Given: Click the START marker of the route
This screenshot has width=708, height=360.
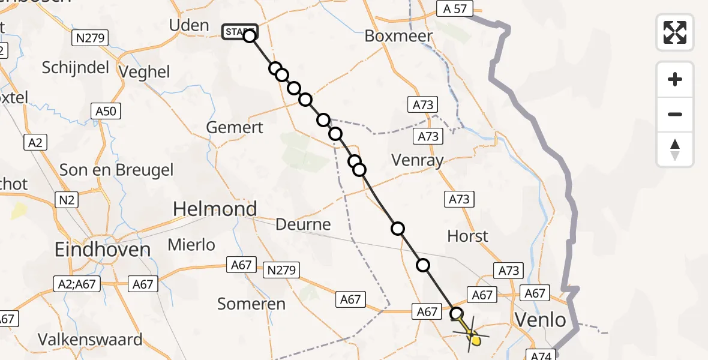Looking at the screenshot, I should pos(239,32).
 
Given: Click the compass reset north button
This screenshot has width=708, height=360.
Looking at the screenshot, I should pos(675,149).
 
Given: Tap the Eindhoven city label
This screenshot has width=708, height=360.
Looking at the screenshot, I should pos(103,249).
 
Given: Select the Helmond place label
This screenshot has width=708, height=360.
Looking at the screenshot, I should pos(215,209).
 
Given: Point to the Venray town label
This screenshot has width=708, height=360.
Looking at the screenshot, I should pos(417,160).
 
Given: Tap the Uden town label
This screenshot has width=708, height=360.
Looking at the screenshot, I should pos(189,26).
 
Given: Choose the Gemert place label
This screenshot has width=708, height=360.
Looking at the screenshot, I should pos(235,127).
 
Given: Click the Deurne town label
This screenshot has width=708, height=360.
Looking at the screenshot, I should pos(303,224).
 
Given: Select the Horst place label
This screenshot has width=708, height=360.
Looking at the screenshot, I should pos(468,236).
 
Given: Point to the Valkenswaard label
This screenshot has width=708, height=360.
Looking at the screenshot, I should pos(91,339).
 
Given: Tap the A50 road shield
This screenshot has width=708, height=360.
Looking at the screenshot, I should pos(106,110).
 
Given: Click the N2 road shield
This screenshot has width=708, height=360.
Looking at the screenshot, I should pos(66,199).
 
